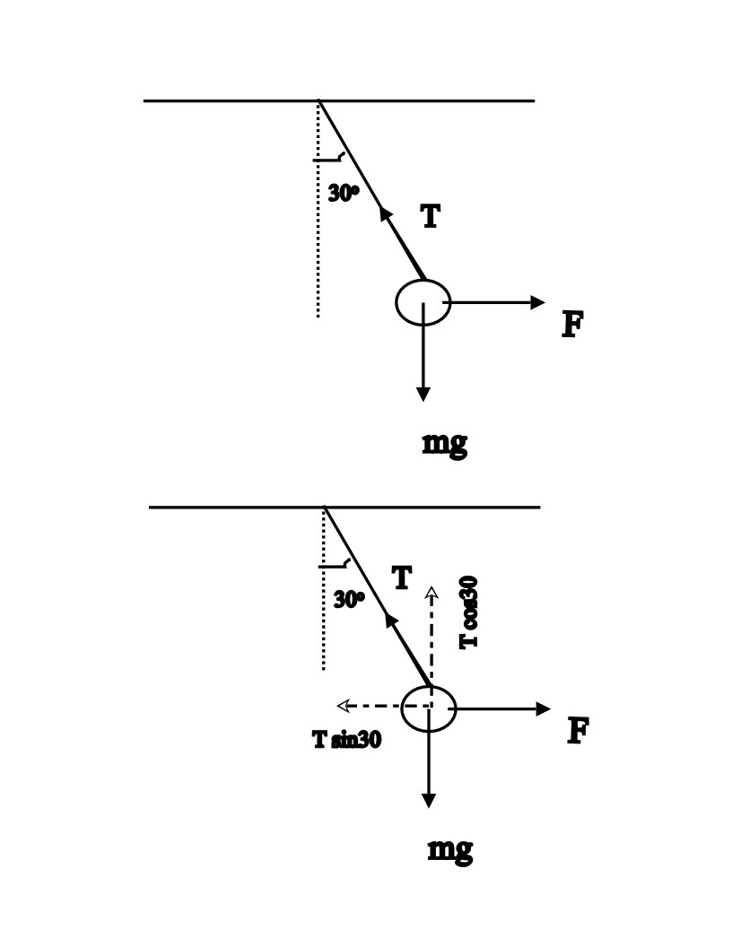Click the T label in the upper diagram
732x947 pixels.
point(431,216)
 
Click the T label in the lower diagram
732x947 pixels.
point(402,578)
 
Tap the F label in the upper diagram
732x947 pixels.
point(572,324)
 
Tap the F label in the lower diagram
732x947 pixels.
point(578,732)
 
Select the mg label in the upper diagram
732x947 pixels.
point(444,443)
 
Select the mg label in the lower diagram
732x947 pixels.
point(449,849)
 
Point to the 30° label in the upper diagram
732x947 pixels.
point(344,192)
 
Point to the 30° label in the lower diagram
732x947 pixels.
point(349,599)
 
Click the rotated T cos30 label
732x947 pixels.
point(468,612)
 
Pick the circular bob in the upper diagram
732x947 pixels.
point(423,303)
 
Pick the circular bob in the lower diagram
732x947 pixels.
point(428,708)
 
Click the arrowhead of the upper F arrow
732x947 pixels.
point(537,302)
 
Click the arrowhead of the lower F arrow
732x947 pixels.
point(543,708)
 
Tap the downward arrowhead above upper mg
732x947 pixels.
point(423,394)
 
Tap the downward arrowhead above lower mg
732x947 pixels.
point(429,800)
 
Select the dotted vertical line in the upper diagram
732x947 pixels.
point(318,233)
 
